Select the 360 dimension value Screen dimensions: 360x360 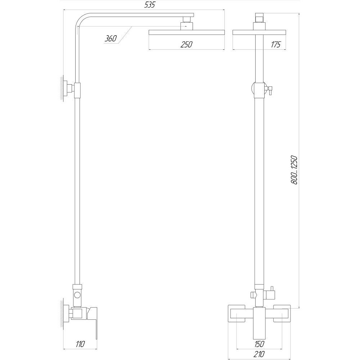pyautogui.click(x=111, y=39)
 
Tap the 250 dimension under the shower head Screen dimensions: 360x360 pyautogui.click(x=186, y=44)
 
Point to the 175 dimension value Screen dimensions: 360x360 pyautogui.click(x=276, y=44)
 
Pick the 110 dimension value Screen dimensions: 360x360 pyautogui.click(x=80, y=344)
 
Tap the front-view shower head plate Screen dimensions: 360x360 pyautogui.click(x=259, y=32)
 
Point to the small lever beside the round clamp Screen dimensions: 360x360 pyautogui.click(x=269, y=90)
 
